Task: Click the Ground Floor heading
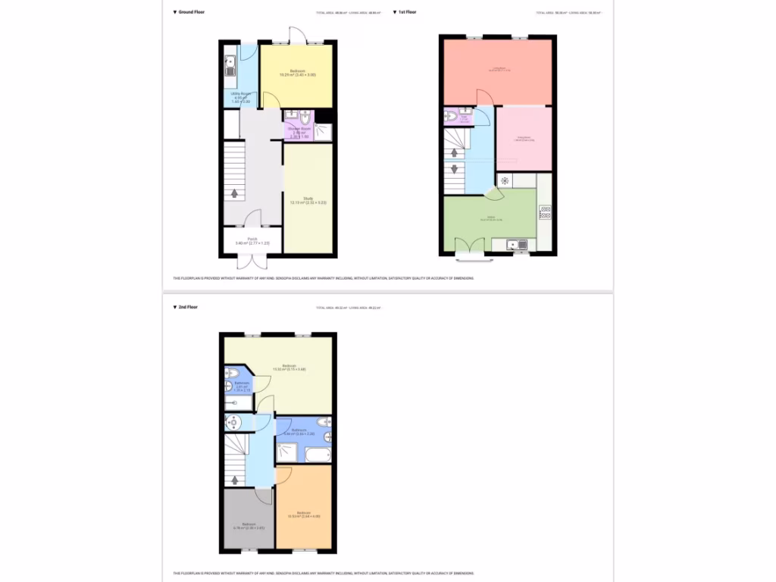pyautogui.click(x=191, y=12)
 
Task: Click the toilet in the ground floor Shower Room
pyautogui.click(x=305, y=117)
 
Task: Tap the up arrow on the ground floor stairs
pyautogui.click(x=235, y=193)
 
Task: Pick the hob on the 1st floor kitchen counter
pyautogui.click(x=544, y=212)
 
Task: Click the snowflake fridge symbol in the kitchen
pyautogui.click(x=505, y=181)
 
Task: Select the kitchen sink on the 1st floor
pyautogui.click(x=512, y=244)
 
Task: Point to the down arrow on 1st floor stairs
pyautogui.click(x=455, y=168)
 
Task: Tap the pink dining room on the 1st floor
pyautogui.click(x=523, y=139)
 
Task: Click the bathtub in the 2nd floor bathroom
pyautogui.click(x=318, y=455)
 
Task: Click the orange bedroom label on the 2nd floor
pyautogui.click(x=303, y=515)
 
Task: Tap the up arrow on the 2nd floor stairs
pyautogui.click(x=236, y=479)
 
